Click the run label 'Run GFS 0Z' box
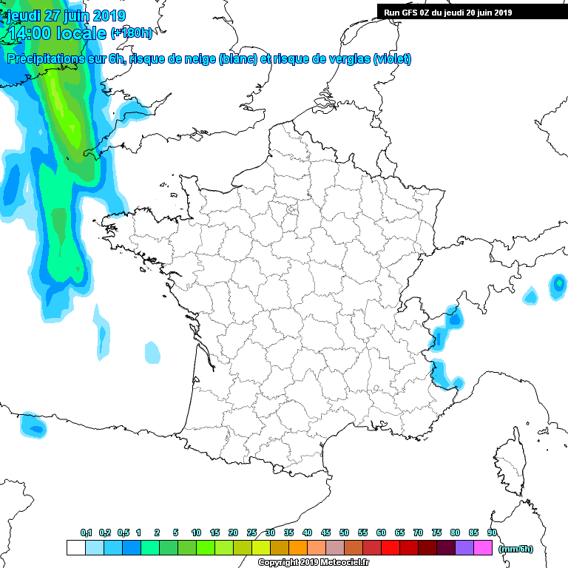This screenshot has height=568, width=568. pyautogui.click(x=471, y=12)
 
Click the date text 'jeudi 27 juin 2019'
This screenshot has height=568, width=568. pyautogui.click(x=67, y=16)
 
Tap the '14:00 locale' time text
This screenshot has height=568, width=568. pyautogui.click(x=56, y=33)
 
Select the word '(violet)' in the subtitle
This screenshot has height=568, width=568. pyautogui.click(x=393, y=59)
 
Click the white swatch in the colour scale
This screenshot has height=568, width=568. pyautogui.click(x=75, y=548)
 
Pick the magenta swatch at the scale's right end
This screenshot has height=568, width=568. pyautogui.click(x=483, y=548)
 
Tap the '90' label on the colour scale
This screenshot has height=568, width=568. pyautogui.click(x=492, y=533)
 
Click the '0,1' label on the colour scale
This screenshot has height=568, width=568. pyautogui.click(x=86, y=533)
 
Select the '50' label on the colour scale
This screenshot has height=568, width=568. pyautogui.click(x=344, y=533)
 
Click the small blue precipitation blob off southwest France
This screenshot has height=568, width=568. pyautogui.click(x=33, y=425)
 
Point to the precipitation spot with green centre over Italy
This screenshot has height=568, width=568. pyautogui.click(x=558, y=284)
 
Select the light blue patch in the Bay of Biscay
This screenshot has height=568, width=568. pyautogui.click(x=152, y=352)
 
